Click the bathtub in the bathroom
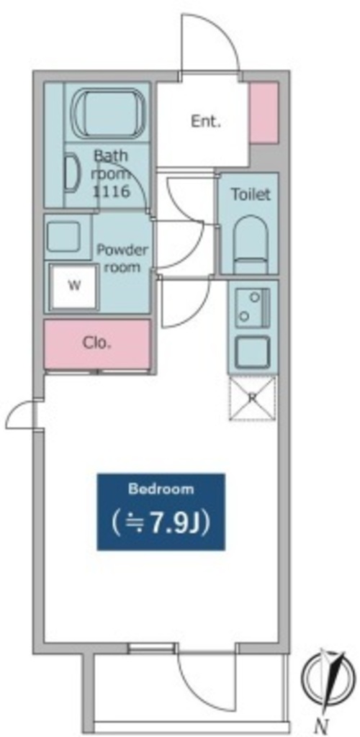(x=108, y=113)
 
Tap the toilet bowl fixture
(x=251, y=245)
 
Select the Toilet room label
(x=251, y=194)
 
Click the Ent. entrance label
(x=206, y=122)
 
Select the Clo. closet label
(x=97, y=343)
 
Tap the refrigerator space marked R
(x=253, y=397)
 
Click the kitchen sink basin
(x=253, y=351)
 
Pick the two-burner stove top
(x=253, y=308)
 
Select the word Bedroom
(x=161, y=489)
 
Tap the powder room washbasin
(x=63, y=237)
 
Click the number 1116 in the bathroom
(x=111, y=191)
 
